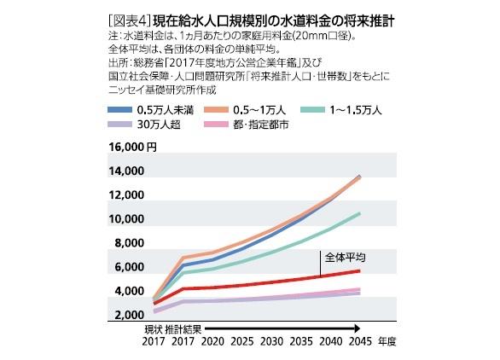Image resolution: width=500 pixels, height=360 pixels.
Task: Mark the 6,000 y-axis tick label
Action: (x=125, y=267)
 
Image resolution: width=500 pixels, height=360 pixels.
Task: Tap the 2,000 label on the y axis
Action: (x=125, y=316)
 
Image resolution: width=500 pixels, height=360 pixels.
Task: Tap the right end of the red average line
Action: (x=359, y=270)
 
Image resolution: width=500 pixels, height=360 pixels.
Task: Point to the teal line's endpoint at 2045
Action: (x=359, y=213)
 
